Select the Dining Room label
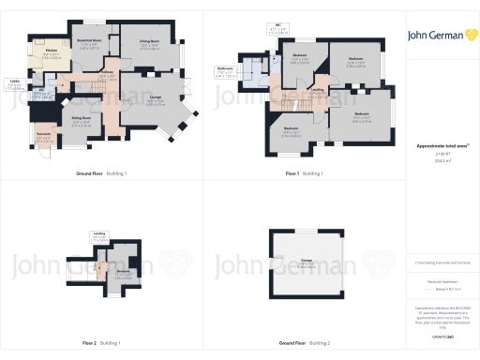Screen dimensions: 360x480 [x=150, y=42]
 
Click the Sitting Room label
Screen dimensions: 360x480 [x=81, y=119]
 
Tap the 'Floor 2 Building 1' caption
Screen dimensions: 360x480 [x=96, y=344]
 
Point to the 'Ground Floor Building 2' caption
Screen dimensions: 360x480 [x=306, y=344]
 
